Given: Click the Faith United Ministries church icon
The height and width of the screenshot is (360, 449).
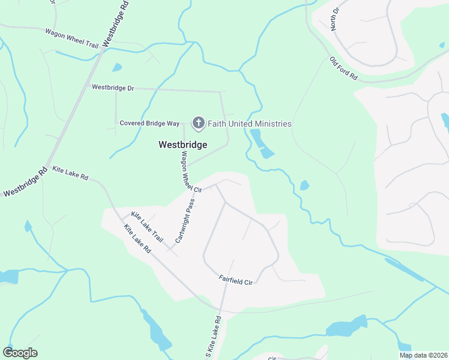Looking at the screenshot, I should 198,124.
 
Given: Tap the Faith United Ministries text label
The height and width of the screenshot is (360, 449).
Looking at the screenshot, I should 249,124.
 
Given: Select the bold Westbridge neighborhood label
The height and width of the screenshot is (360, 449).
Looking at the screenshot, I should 182,145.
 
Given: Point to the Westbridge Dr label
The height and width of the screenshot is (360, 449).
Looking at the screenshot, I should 113,88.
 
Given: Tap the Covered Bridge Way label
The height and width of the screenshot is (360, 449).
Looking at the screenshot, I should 149,124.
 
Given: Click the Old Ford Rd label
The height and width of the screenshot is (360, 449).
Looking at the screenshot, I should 343,68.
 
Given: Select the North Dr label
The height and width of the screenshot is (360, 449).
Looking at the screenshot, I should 334,19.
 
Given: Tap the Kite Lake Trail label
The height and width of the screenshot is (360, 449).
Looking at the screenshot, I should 147,226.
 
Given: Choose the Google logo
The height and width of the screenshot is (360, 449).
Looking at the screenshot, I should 20,353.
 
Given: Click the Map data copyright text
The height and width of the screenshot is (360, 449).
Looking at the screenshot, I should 423,355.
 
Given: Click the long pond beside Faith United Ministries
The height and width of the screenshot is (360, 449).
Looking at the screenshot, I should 261,143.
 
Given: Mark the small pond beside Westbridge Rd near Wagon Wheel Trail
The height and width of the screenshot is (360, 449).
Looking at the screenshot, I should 116,67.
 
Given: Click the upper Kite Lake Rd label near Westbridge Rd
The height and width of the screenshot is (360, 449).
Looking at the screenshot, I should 70,174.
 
